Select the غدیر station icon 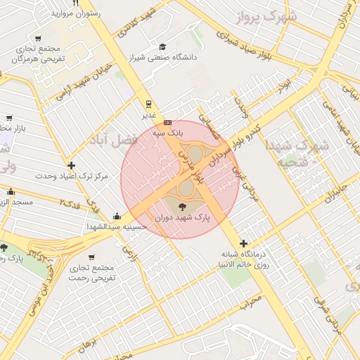(x=148, y=103)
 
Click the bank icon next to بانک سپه (x=167, y=122)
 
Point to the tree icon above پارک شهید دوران (x=182, y=206)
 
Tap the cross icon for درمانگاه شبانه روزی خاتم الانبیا (x=244, y=243)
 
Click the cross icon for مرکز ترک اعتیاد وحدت (x=72, y=165)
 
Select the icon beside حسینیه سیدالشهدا (x=117, y=217)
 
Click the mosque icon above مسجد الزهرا (x=11, y=192)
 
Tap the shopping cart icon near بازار (x=8, y=118)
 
